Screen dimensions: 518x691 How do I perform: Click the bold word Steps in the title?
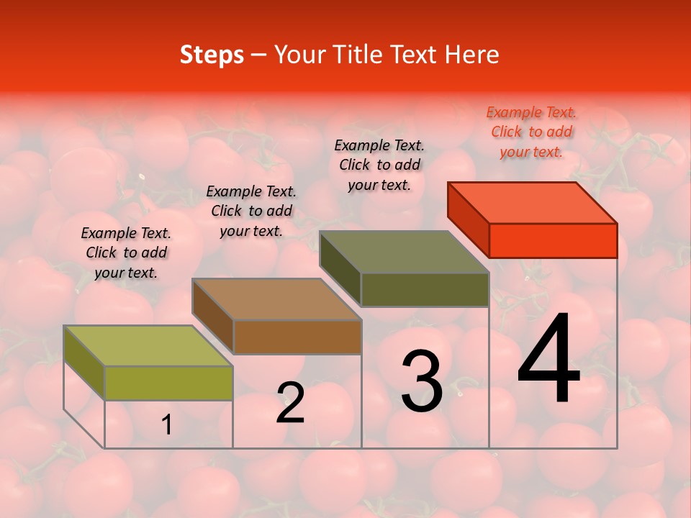coord(212,55)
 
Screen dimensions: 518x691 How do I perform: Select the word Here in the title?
coord(471,55)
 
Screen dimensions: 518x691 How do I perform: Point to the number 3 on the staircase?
coord(421,381)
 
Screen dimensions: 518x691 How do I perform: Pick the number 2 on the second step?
coord(290,403)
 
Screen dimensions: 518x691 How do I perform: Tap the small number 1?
coord(166,425)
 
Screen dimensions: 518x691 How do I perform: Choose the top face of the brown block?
coord(276,299)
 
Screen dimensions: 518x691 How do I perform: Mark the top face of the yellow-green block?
coord(148,346)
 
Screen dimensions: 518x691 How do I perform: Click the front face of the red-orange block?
coord(553,240)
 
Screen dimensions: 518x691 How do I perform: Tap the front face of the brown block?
coord(297,337)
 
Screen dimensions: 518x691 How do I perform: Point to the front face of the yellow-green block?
coord(168,383)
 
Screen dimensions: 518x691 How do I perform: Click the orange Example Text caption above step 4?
coord(531,132)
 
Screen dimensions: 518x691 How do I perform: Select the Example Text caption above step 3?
coord(379,165)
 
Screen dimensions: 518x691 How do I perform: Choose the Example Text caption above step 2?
coord(251,211)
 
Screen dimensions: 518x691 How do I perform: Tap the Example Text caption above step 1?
coord(126,253)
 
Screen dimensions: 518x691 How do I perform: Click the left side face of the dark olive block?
coord(340,268)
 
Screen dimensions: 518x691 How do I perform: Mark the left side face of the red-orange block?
coord(468,218)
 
